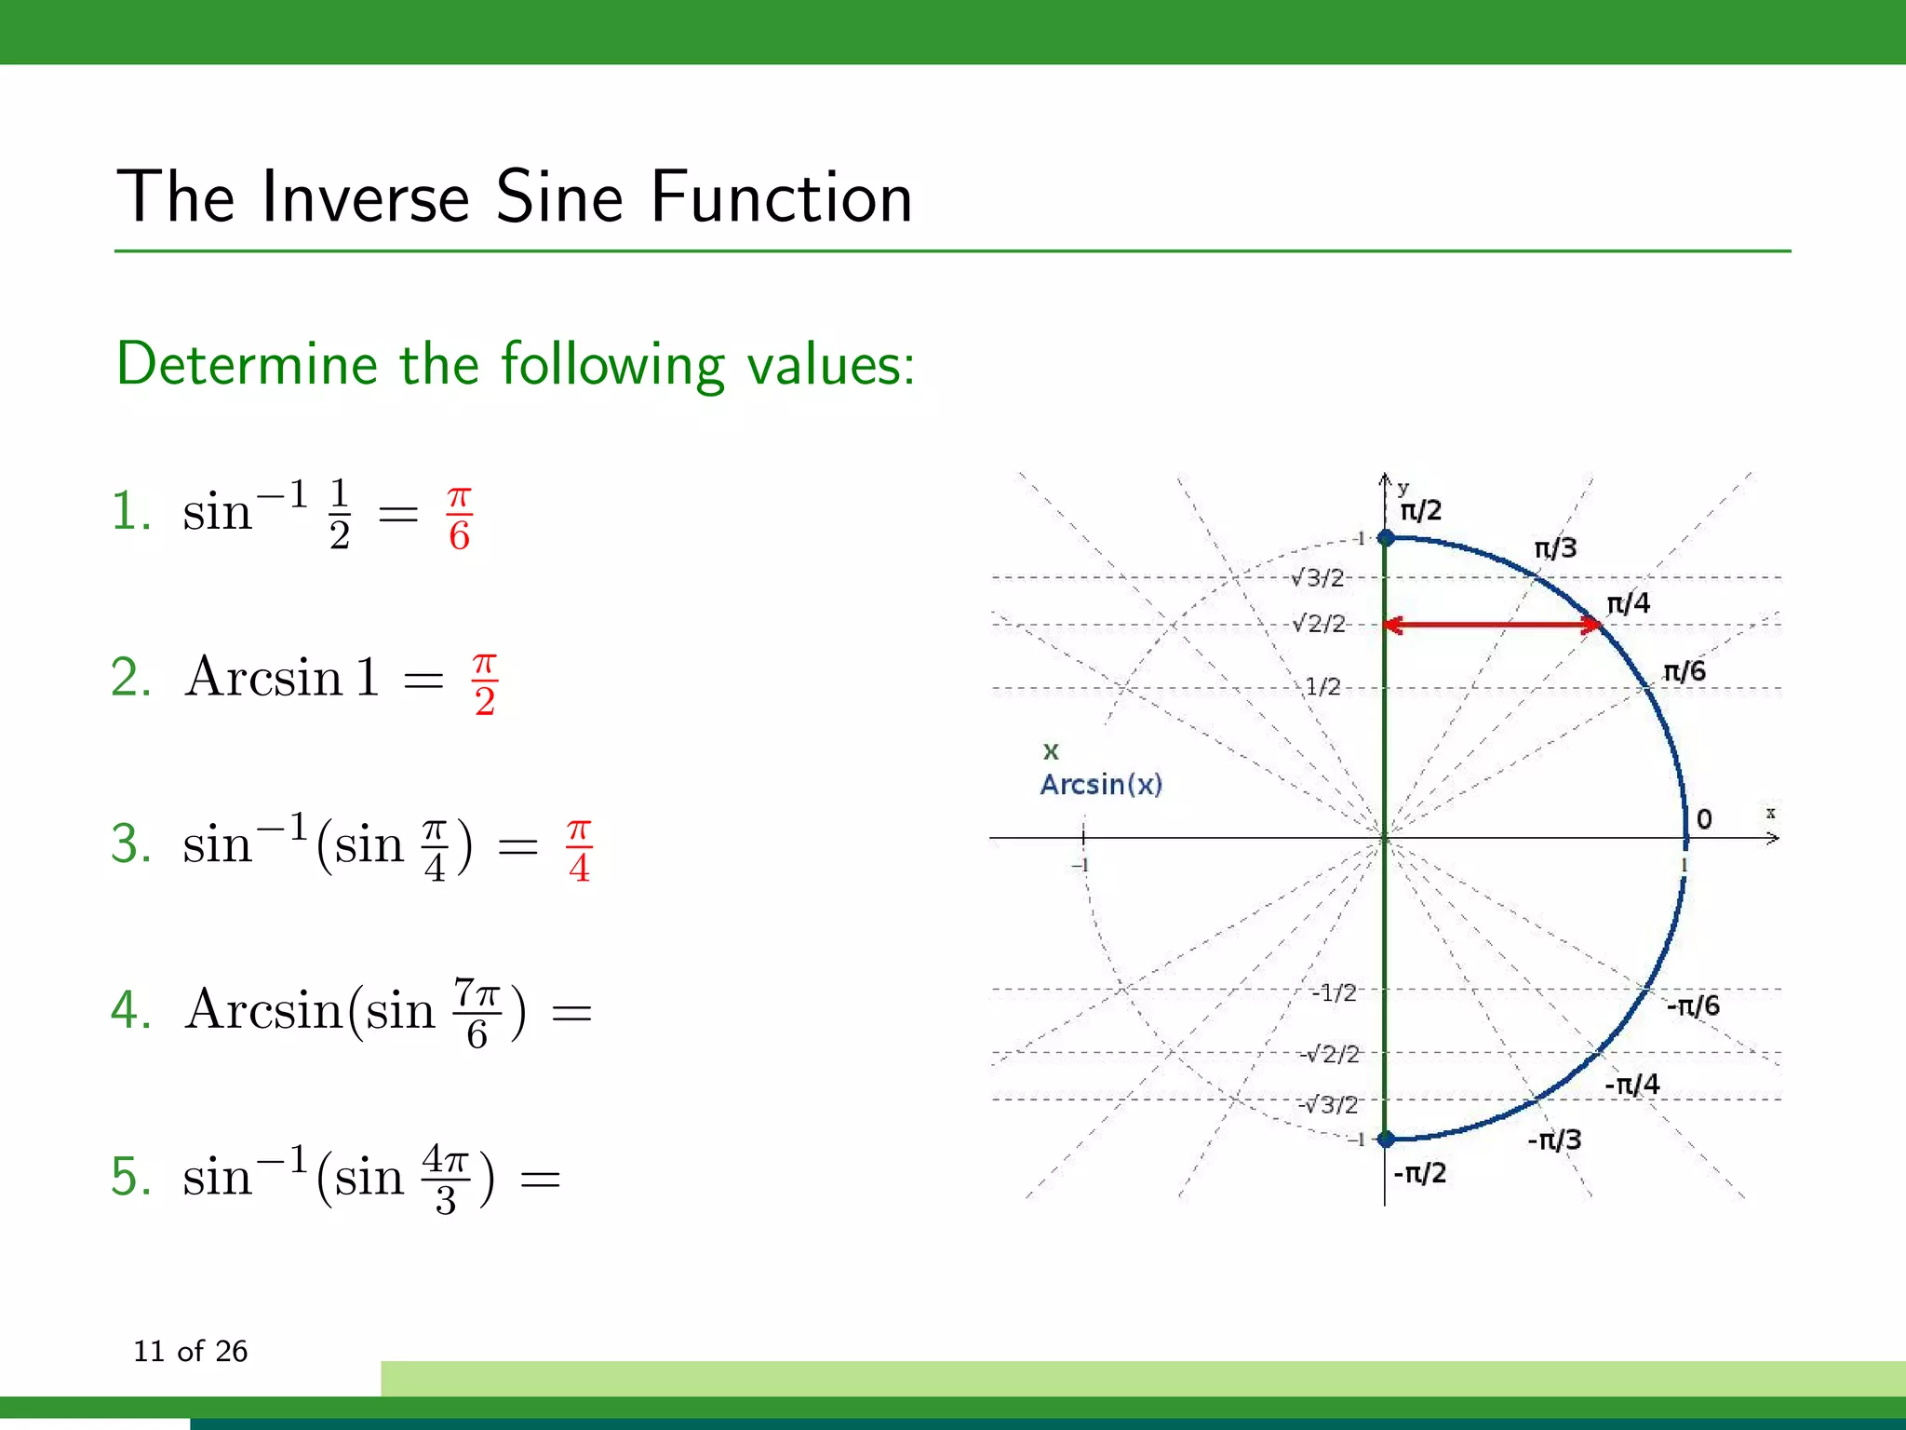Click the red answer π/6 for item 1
tap(459, 519)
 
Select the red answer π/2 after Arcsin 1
tap(485, 684)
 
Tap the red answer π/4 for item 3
tap(579, 850)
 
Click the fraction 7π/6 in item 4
tap(477, 1014)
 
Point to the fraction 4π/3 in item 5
tap(446, 1180)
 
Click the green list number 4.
tap(130, 1010)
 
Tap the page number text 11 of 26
tap(190, 1351)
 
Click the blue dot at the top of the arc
tap(1385, 538)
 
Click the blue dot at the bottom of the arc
tap(1385, 1139)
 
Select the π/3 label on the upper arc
tap(1555, 548)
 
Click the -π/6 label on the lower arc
tap(1692, 1005)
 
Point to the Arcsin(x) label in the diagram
tap(1101, 785)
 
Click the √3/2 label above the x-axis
tap(1318, 578)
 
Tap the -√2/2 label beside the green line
tap(1329, 1054)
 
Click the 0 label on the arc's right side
tap(1703, 819)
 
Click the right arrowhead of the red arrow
tap(1592, 625)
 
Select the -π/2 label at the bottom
tap(1419, 1173)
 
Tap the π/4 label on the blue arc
tap(1628, 603)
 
